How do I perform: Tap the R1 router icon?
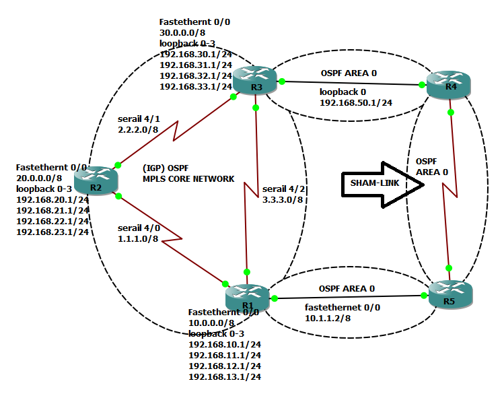pyautogui.click(x=247, y=295)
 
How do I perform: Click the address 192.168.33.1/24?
pyautogui.click(x=196, y=86)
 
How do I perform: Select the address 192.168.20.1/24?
pyautogui.click(x=52, y=199)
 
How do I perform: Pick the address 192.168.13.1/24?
pyautogui.click(x=225, y=376)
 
